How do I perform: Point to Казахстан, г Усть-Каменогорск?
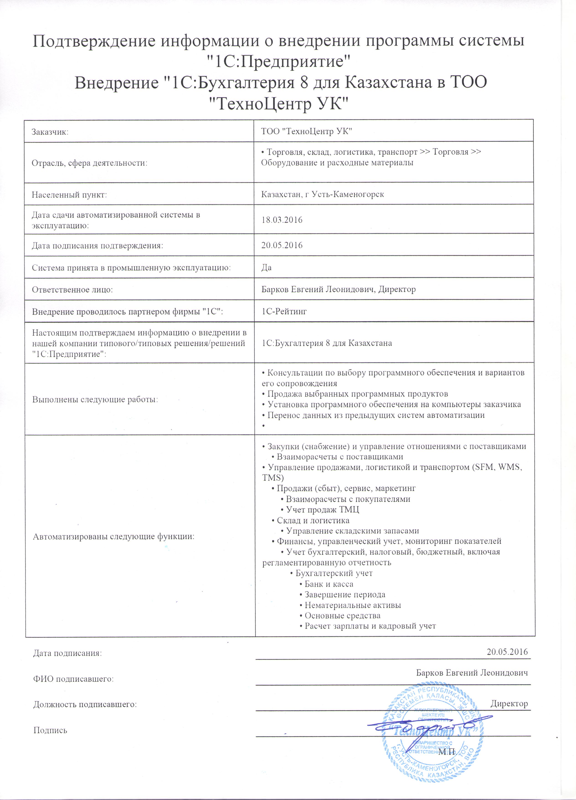click(x=322, y=194)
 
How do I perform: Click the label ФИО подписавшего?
click(x=73, y=679)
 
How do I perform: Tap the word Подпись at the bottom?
click(x=50, y=730)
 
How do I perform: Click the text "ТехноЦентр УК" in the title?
click(x=278, y=104)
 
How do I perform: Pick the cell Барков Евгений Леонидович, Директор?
click(x=338, y=290)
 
